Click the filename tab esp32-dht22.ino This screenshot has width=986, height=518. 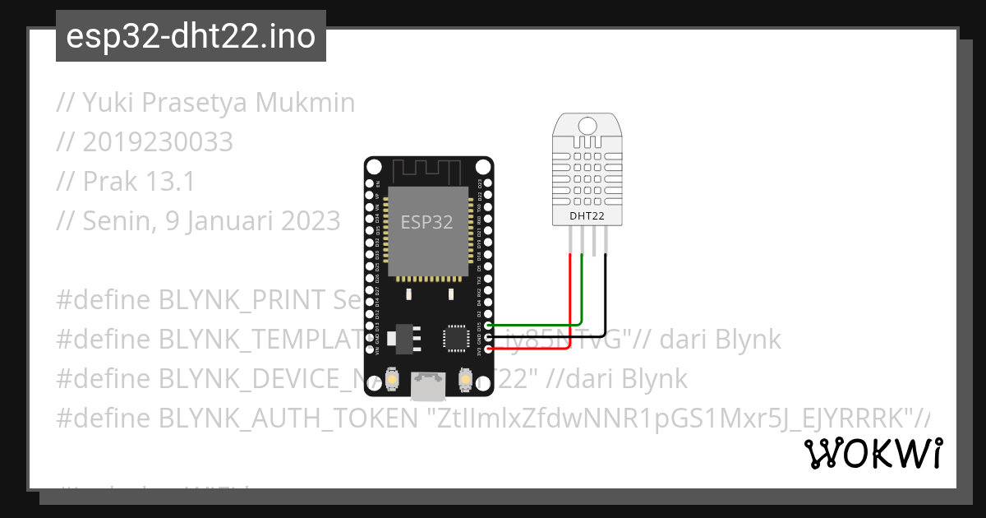[191, 37]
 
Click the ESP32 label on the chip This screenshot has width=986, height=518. [426, 222]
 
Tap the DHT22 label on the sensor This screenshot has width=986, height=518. [587, 216]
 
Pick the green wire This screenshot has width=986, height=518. [582, 296]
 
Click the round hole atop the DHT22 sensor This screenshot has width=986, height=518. [587, 125]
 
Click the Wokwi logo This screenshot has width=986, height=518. [873, 454]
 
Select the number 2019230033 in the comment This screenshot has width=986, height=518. [158, 142]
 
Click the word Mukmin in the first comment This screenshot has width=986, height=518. [306, 103]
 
